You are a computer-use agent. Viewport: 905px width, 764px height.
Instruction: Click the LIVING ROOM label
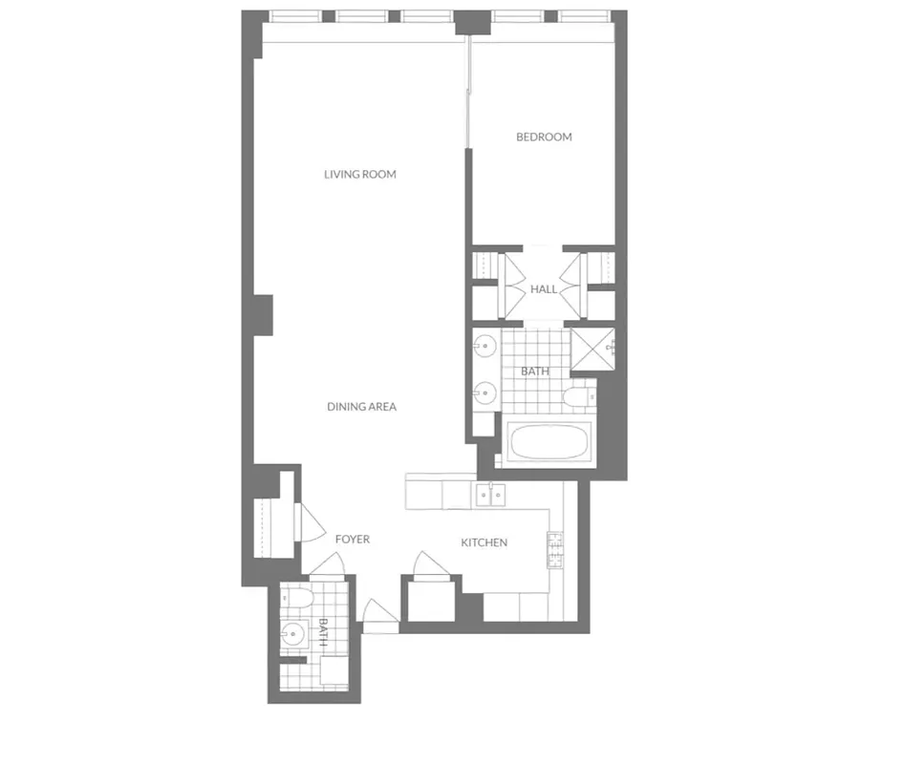click(x=359, y=175)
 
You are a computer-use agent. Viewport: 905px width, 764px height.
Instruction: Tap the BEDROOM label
click(x=544, y=138)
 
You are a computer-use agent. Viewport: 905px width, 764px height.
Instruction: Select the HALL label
click(x=544, y=289)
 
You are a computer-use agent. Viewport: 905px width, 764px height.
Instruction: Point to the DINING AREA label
click(x=361, y=407)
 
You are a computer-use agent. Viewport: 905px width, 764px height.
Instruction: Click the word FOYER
click(x=352, y=540)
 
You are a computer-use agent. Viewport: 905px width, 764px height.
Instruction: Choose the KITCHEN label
click(x=484, y=542)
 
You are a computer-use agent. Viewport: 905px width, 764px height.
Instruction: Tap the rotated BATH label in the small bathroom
click(x=323, y=633)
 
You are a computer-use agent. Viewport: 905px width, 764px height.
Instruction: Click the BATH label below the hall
click(x=532, y=371)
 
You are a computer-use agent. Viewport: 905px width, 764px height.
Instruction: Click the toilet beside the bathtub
click(x=579, y=396)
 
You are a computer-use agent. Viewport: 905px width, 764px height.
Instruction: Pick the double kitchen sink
click(x=490, y=495)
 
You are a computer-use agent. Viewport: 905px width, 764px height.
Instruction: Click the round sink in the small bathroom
click(x=292, y=633)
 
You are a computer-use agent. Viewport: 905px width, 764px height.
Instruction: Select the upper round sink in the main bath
click(x=485, y=346)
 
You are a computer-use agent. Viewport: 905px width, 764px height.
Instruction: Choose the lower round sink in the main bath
click(x=485, y=391)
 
